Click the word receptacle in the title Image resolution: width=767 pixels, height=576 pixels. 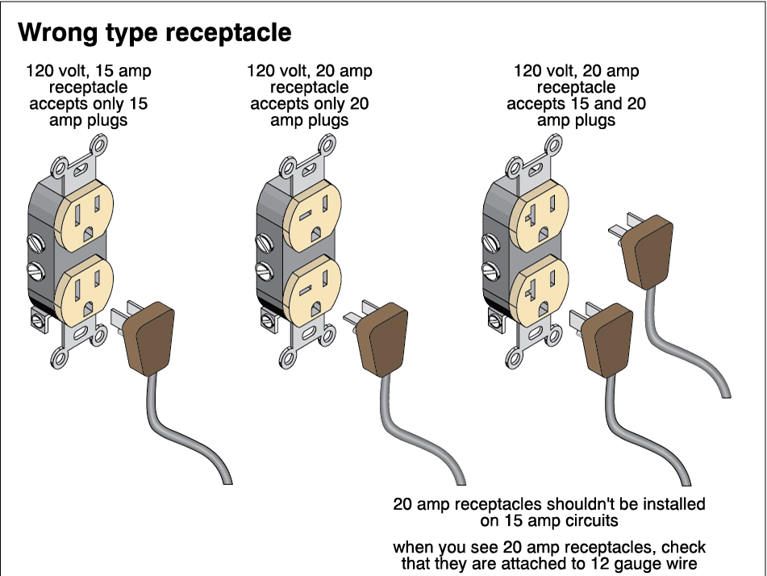pyautogui.click(x=233, y=33)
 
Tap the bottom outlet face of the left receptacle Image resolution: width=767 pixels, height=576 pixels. pyautogui.click(x=85, y=290)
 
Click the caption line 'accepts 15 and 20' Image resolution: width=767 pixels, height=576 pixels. pyautogui.click(x=576, y=104)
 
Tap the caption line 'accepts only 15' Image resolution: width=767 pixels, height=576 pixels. pyautogui.click(x=89, y=104)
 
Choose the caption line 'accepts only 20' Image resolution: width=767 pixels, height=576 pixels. pyautogui.click(x=310, y=104)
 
